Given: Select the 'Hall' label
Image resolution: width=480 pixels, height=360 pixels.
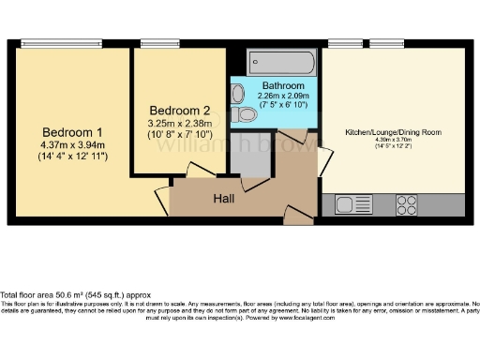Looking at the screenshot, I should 223,199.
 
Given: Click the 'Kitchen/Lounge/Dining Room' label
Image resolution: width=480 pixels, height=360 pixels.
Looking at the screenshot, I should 394,132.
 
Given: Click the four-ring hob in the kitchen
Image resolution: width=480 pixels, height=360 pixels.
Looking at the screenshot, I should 407,203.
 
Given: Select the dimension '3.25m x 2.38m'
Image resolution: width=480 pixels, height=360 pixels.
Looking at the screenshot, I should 179,122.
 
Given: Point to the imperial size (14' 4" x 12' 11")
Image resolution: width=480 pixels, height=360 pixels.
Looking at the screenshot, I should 72,157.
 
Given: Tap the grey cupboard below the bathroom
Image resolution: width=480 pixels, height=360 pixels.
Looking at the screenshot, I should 250,158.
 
